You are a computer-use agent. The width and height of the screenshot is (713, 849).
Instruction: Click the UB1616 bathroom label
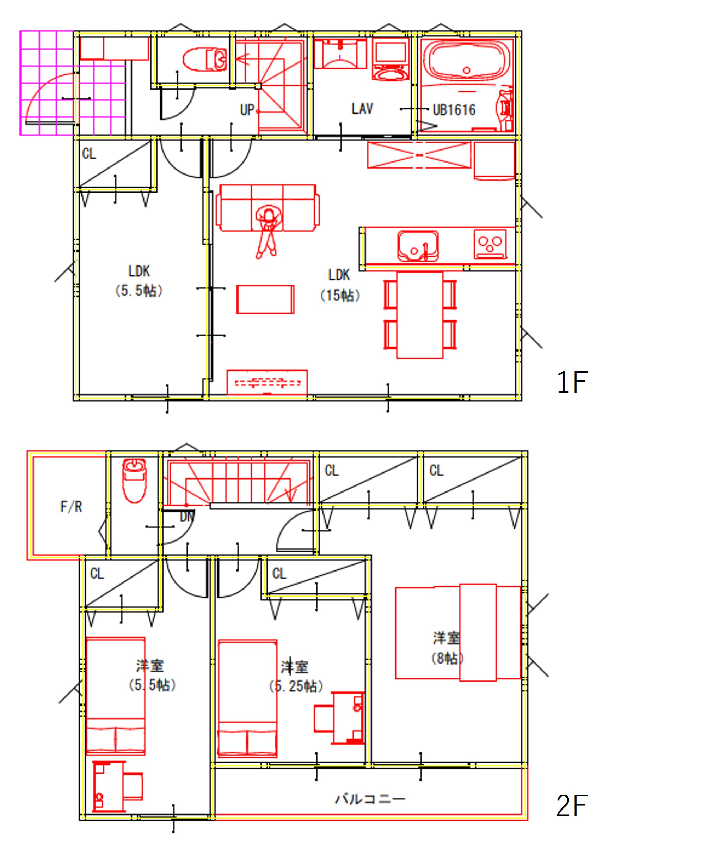(x=454, y=110)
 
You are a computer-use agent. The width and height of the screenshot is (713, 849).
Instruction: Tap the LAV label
(x=362, y=108)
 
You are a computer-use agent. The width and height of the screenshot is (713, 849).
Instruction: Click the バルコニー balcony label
(x=370, y=799)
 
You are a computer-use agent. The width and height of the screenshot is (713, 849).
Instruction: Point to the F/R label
(x=71, y=507)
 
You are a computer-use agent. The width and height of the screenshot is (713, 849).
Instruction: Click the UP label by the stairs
(x=247, y=110)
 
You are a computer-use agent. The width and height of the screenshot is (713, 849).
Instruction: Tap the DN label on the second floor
(x=187, y=516)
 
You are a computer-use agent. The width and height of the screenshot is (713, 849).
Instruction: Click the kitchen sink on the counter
(x=418, y=246)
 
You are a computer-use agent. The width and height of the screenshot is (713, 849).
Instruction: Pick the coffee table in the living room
(x=265, y=299)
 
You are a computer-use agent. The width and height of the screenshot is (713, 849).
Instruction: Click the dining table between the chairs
(x=419, y=315)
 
